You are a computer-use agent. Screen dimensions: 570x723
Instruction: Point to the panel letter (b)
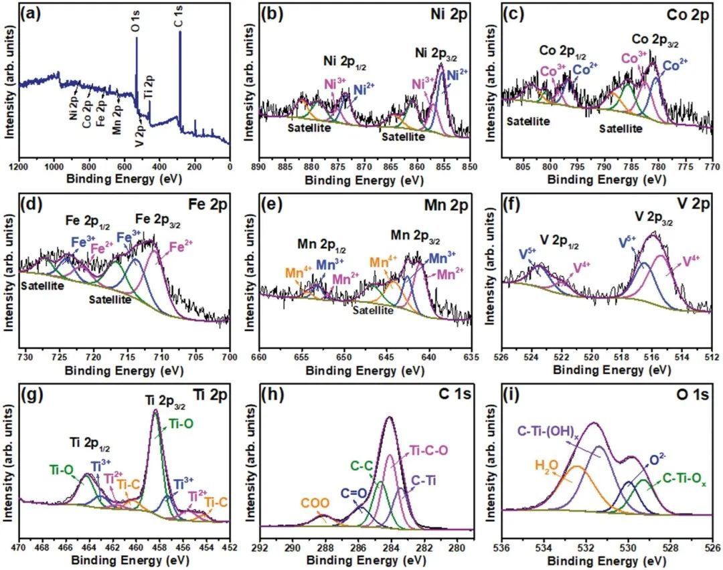[x=258, y=13]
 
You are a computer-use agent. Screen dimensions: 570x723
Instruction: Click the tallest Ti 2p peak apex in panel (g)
[x=155, y=410]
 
